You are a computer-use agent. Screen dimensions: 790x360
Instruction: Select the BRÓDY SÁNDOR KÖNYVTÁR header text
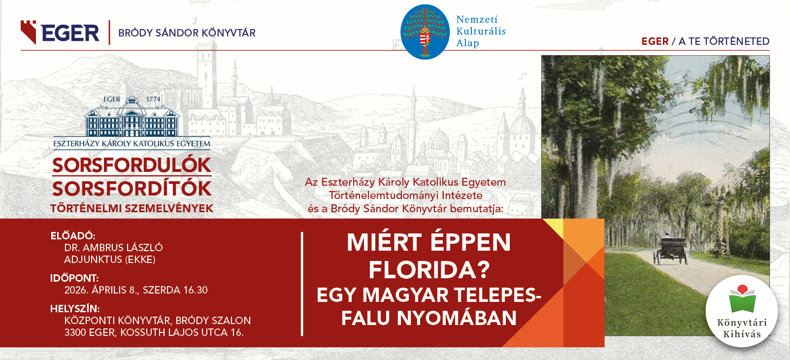(187, 33)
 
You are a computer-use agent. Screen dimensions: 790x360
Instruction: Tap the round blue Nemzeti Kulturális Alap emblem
(425, 32)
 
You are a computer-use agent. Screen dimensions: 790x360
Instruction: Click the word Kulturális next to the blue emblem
(481, 31)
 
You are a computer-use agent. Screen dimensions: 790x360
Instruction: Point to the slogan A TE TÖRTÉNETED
(724, 41)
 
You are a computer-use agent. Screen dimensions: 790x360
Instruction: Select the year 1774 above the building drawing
(153, 99)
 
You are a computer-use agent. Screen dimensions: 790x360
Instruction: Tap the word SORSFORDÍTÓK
(132, 188)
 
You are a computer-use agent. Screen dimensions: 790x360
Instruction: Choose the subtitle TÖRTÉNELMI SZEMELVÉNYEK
(132, 208)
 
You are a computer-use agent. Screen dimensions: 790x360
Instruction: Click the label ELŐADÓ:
(73, 235)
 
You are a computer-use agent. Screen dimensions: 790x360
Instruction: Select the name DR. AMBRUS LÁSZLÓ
(114, 248)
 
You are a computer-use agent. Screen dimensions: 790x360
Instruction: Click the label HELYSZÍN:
(75, 309)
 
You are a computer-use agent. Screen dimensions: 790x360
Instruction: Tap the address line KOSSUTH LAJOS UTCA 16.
(182, 332)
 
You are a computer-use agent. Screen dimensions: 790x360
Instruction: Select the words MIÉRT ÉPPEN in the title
(429, 242)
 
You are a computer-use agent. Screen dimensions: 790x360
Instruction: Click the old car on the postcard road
(670, 250)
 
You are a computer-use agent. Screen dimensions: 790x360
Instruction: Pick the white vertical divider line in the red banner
(302, 284)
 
